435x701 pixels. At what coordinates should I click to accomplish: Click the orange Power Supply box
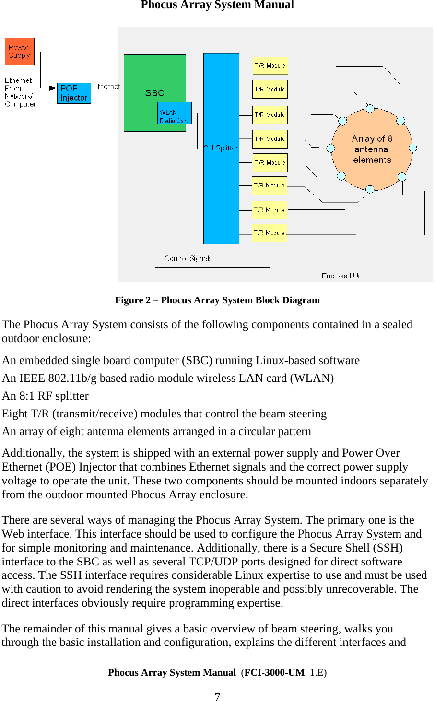click(20, 51)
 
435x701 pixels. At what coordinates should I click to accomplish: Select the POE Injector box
click(74, 93)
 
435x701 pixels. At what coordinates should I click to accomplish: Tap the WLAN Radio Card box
click(175, 113)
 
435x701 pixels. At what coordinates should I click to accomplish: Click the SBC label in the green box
click(154, 93)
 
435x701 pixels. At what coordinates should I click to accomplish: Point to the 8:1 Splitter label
click(221, 148)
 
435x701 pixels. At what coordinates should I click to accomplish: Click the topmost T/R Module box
click(270, 66)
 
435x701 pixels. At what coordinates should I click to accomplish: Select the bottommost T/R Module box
click(270, 233)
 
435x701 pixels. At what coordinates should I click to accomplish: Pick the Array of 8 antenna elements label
click(372, 149)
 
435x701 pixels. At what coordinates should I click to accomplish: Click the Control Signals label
click(188, 258)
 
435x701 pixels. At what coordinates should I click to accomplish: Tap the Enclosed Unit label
click(343, 276)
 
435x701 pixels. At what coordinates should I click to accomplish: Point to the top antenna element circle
click(370, 109)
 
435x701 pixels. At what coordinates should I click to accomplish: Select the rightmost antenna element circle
click(412, 148)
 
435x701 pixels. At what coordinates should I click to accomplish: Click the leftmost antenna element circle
click(330, 148)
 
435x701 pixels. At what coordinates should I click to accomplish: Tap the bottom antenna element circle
click(370, 189)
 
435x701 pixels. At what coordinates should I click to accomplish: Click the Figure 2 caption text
click(217, 300)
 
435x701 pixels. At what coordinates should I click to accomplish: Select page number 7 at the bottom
click(217, 697)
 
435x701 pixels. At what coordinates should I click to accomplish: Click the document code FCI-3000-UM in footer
click(274, 672)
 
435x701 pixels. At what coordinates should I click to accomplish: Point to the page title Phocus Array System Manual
click(217, 5)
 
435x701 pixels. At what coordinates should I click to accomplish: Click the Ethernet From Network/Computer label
click(20, 92)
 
